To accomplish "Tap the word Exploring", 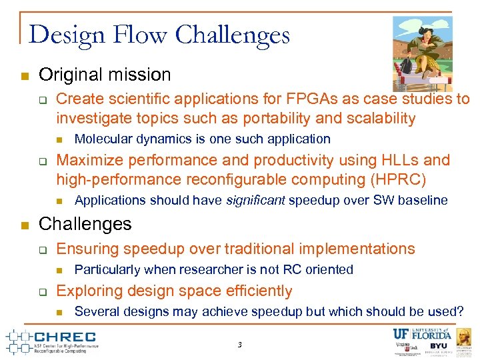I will click(87, 291).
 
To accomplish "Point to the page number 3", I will click(239, 345).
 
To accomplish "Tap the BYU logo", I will click(438, 347).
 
